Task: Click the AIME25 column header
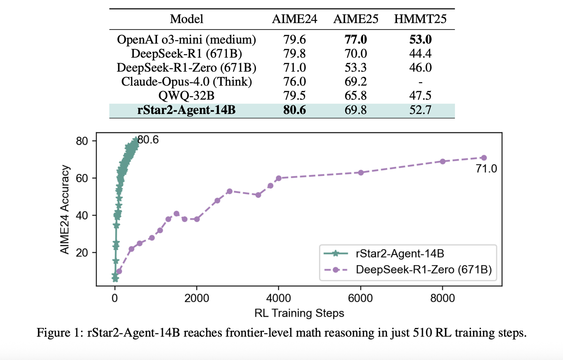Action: click(x=356, y=19)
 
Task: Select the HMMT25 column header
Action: click(x=420, y=19)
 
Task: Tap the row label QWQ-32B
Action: click(x=186, y=96)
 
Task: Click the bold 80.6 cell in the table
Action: click(x=295, y=110)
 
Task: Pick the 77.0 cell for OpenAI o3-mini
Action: click(x=356, y=39)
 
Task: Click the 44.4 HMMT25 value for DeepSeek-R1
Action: click(x=420, y=53)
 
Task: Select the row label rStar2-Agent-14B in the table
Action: click(x=186, y=110)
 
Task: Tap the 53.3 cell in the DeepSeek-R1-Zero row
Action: click(x=356, y=68)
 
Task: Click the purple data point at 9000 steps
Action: click(x=484, y=158)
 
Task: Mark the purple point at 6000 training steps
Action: click(x=361, y=172)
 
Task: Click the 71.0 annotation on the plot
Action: click(x=486, y=169)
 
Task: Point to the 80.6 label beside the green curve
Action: click(x=148, y=140)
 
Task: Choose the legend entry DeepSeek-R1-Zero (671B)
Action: click(x=424, y=270)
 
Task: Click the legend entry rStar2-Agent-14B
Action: click(x=400, y=253)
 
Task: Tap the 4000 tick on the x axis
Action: click(x=278, y=298)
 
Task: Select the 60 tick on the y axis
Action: click(x=82, y=178)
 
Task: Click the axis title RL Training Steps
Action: click(x=299, y=313)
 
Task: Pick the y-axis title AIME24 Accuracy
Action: click(x=65, y=210)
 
